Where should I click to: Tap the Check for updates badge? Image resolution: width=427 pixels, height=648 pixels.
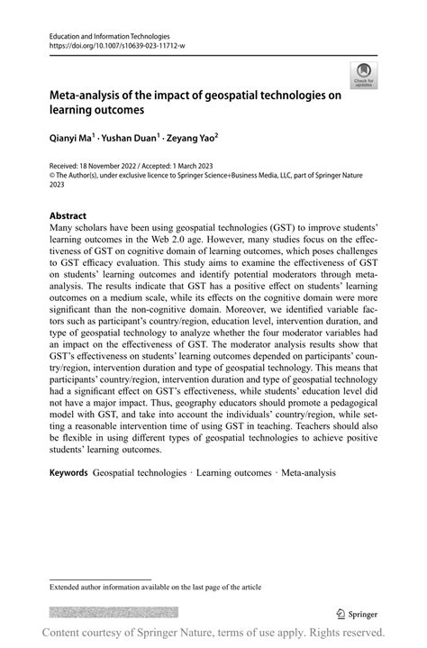(x=364, y=74)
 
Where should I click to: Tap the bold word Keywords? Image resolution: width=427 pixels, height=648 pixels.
(x=68, y=472)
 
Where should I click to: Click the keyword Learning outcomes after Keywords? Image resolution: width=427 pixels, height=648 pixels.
(x=233, y=472)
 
